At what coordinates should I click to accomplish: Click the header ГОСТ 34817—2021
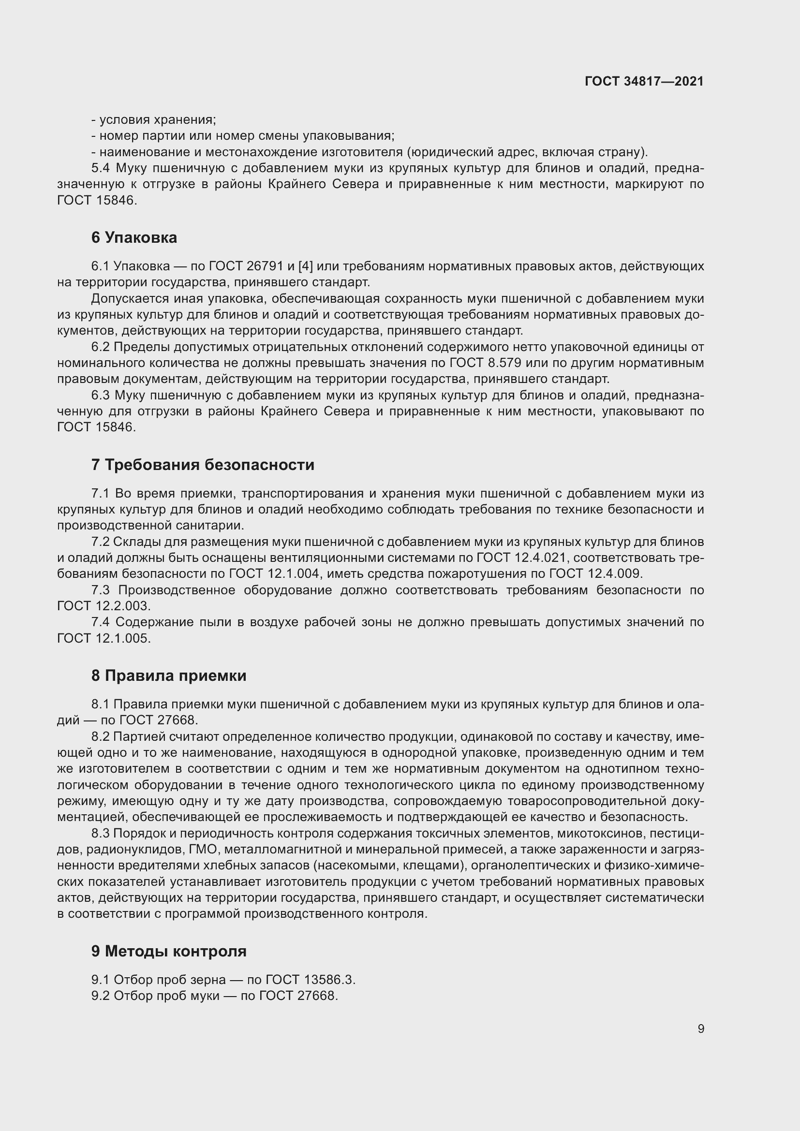(644, 81)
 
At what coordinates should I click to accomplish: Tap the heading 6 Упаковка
(134, 238)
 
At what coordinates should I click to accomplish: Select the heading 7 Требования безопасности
(203, 465)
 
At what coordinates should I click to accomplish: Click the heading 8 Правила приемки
(168, 676)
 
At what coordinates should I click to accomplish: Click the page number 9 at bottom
(700, 1028)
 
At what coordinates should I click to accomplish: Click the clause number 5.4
(101, 168)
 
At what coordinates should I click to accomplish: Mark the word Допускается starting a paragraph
(131, 299)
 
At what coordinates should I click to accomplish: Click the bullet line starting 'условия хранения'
(154, 120)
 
